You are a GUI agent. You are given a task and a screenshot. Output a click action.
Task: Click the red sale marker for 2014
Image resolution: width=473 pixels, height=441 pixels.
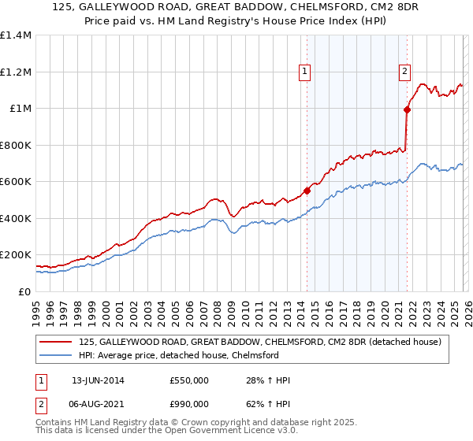pos(307,190)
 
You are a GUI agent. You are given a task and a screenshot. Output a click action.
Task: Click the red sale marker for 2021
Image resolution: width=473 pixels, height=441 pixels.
pos(407,110)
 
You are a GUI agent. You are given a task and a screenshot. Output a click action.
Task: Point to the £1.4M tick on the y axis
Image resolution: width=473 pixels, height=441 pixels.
pos(16,35)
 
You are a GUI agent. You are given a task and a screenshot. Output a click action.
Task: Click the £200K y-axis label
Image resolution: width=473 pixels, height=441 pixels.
pos(16,255)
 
